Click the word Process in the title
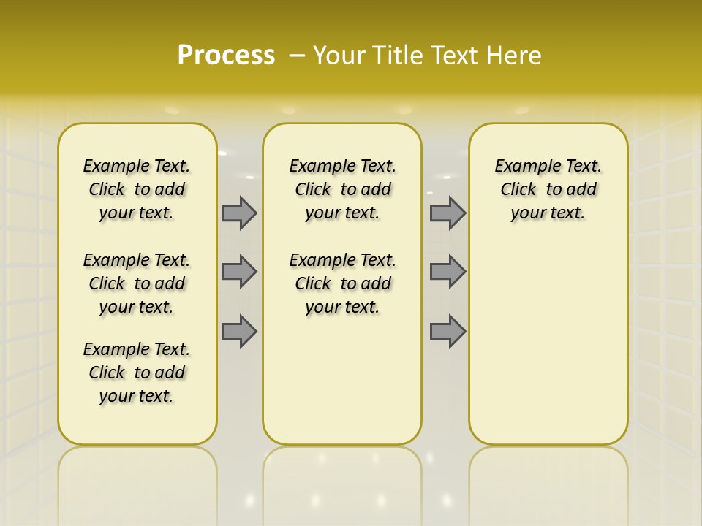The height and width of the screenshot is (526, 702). click(x=225, y=55)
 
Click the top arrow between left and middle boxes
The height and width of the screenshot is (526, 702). click(x=239, y=213)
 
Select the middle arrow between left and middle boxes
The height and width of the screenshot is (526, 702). click(x=239, y=272)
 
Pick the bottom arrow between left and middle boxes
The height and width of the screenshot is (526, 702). click(x=239, y=331)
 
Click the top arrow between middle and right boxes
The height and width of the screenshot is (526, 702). click(x=448, y=213)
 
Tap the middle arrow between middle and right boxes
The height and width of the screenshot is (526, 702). click(x=448, y=272)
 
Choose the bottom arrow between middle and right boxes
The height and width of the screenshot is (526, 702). click(x=448, y=331)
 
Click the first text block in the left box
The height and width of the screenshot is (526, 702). click(x=137, y=189)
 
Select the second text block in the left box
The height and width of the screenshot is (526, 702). click(x=137, y=283)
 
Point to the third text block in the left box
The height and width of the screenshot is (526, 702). click(x=137, y=373)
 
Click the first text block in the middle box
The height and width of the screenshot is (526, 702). click(x=343, y=189)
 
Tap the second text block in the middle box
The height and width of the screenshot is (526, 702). click(x=343, y=283)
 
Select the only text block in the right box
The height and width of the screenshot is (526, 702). click(x=548, y=189)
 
